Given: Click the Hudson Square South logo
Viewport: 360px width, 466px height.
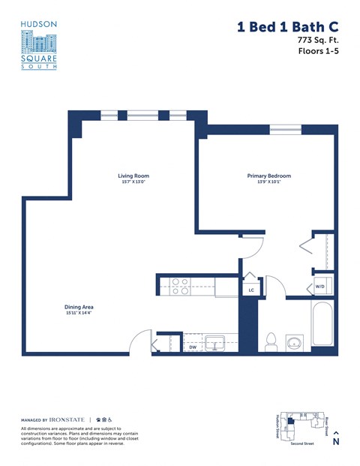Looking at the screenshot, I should (38, 45).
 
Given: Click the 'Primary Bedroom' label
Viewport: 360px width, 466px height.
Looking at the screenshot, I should (268, 176).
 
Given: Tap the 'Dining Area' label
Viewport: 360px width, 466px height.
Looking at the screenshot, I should (78, 307).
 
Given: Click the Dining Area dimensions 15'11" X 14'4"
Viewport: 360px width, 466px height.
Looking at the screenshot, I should (78, 314).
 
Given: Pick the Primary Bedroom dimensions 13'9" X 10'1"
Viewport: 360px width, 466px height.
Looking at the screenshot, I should (268, 182).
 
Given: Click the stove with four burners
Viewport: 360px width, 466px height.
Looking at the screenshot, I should (180, 284).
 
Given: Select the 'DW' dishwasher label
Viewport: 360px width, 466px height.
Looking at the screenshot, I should (193, 347).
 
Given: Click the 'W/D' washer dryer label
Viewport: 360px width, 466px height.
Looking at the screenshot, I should (319, 286).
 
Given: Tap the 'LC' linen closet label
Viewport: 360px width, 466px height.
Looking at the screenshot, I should (251, 290).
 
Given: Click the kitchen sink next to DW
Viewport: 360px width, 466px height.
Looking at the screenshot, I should (217, 344).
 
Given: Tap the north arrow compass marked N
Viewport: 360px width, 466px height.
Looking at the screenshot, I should (335, 437).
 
